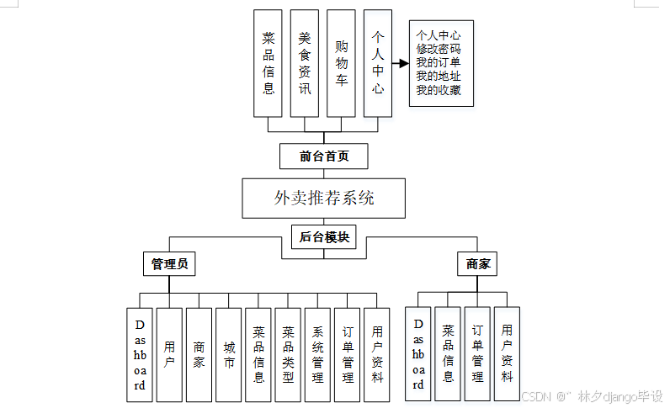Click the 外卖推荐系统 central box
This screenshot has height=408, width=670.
tap(324, 199)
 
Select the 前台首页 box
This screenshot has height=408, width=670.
tap(324, 156)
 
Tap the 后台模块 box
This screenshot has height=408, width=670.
tap(324, 237)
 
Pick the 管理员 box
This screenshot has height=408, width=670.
tap(168, 264)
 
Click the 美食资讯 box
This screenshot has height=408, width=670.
tap(305, 63)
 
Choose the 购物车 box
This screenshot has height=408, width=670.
tap(342, 63)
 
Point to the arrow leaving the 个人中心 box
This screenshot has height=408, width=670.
tap(398, 63)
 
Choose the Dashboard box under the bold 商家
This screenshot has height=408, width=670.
tap(418, 354)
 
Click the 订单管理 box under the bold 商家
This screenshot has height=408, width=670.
tap(477, 354)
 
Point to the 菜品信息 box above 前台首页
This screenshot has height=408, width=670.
tap(269, 63)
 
